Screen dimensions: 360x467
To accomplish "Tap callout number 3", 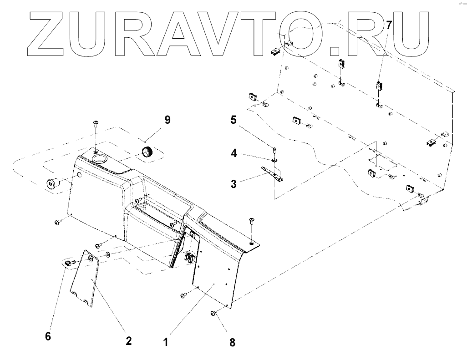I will [x=233, y=184].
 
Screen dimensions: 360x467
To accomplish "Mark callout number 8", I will [x=233, y=342].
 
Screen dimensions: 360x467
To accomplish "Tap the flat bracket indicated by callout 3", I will [x=273, y=174].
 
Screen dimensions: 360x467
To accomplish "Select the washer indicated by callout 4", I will [x=275, y=160].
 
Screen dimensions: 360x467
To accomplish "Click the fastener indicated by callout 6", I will [x=69, y=263].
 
